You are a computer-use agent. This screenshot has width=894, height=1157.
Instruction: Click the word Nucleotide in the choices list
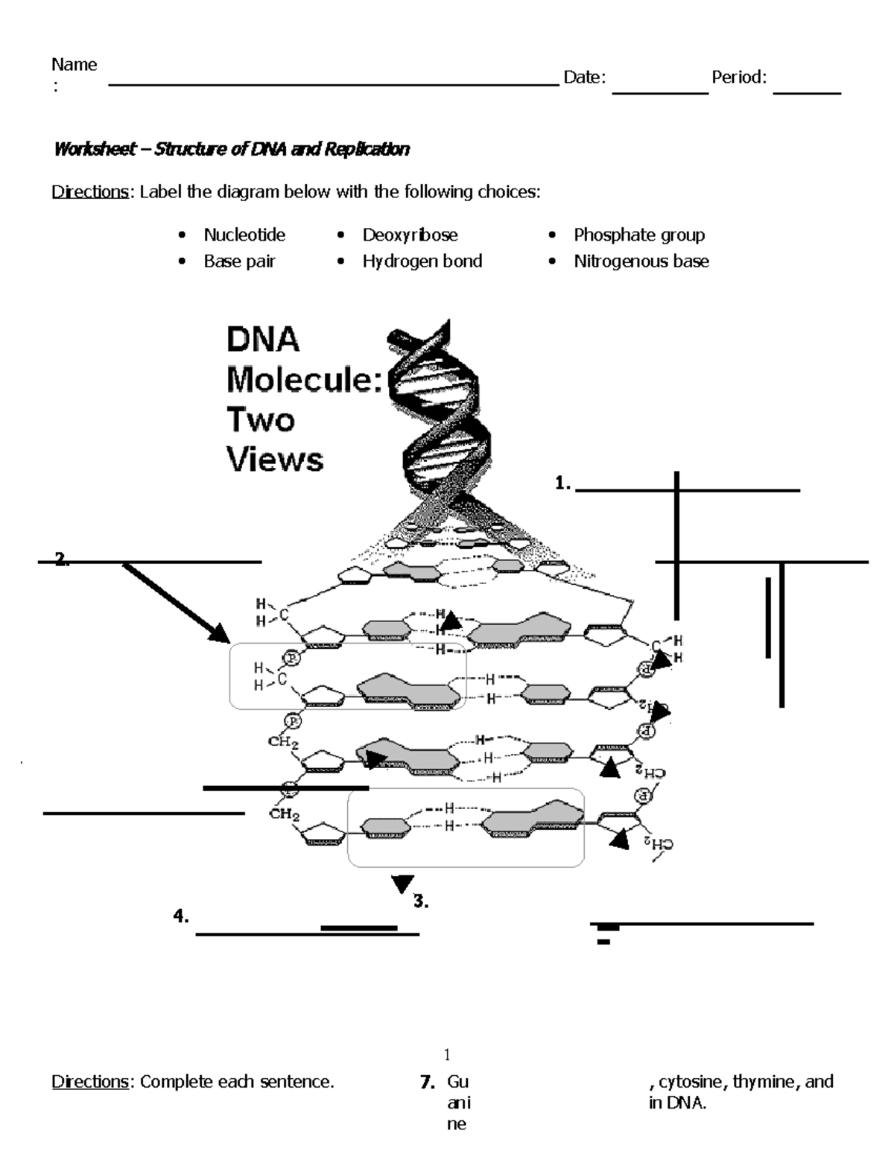point(244,235)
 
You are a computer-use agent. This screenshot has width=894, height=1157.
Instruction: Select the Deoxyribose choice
point(410,235)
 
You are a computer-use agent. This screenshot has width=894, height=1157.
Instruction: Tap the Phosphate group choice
point(638,235)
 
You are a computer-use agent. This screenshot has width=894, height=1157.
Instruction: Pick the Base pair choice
point(239,261)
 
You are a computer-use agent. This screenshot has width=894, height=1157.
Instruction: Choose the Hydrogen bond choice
point(422,261)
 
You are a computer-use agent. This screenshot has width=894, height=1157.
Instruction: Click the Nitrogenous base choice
point(641,261)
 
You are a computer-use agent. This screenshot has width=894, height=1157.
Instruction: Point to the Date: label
point(584,77)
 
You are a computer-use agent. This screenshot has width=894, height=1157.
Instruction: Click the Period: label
point(738,77)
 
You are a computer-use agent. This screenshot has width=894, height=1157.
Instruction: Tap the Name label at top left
point(74,65)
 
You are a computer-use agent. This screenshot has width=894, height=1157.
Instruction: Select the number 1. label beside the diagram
point(562,484)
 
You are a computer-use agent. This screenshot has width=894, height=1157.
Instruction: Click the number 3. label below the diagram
point(421,901)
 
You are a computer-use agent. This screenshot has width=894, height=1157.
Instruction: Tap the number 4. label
point(181,917)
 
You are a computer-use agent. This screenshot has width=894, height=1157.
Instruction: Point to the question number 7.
point(427,1082)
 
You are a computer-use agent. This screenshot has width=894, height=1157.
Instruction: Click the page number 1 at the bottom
point(447,1054)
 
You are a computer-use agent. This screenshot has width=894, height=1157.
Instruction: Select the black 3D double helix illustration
point(436,417)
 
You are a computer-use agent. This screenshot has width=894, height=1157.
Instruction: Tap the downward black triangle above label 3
point(402,884)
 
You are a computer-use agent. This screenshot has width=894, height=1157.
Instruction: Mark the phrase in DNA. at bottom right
point(677,1103)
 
